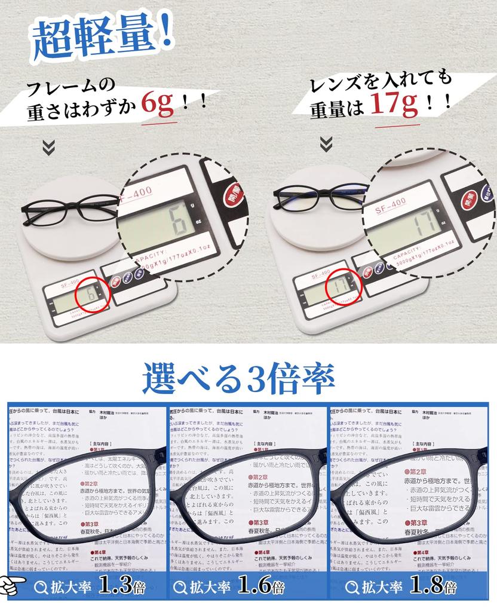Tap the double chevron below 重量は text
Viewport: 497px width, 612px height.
click(326, 143)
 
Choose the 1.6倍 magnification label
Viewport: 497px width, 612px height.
click(260, 586)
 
